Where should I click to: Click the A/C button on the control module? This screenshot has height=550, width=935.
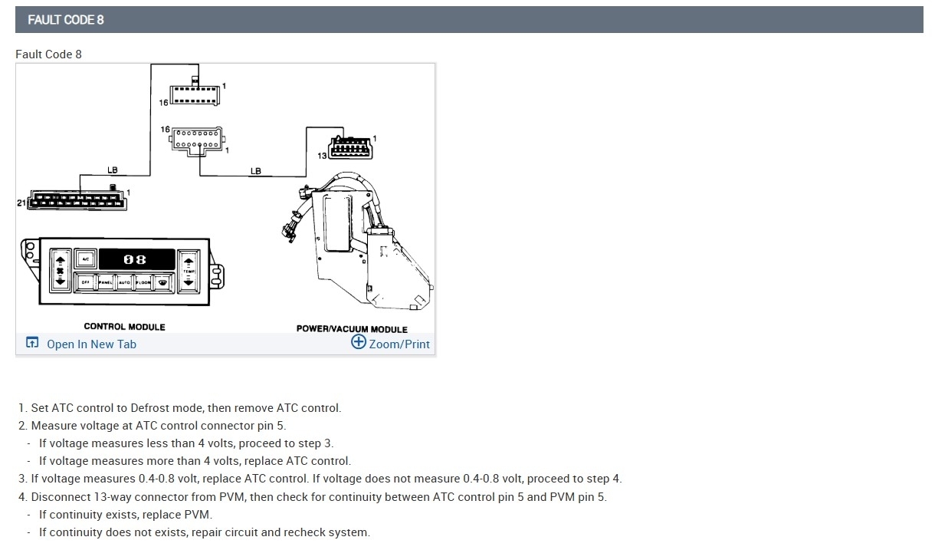pos(86,259)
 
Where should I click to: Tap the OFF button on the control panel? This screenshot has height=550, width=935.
pos(86,282)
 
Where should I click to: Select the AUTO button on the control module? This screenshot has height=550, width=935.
pos(124,282)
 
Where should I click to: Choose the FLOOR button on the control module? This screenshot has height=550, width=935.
pos(143,282)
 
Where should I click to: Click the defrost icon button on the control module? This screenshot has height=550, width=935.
pos(162,282)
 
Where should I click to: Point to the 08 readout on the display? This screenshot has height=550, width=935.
pos(134,260)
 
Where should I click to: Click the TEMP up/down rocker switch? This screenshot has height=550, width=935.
pos(189,270)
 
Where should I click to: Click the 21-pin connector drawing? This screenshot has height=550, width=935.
pos(77,201)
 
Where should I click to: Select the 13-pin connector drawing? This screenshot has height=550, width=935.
pos(350,148)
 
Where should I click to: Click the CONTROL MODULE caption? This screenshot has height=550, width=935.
pos(124,327)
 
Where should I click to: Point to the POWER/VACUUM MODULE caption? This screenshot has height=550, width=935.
pos(352,329)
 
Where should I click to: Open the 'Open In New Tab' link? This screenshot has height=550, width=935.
pos(91,344)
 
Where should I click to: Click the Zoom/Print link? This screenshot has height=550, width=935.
pos(399,344)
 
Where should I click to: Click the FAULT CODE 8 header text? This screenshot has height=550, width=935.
pos(66,20)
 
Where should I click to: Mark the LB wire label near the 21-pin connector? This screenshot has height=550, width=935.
pos(113,170)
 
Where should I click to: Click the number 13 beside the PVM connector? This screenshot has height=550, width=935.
pos(322,156)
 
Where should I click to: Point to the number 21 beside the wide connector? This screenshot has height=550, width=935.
pos(21,203)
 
